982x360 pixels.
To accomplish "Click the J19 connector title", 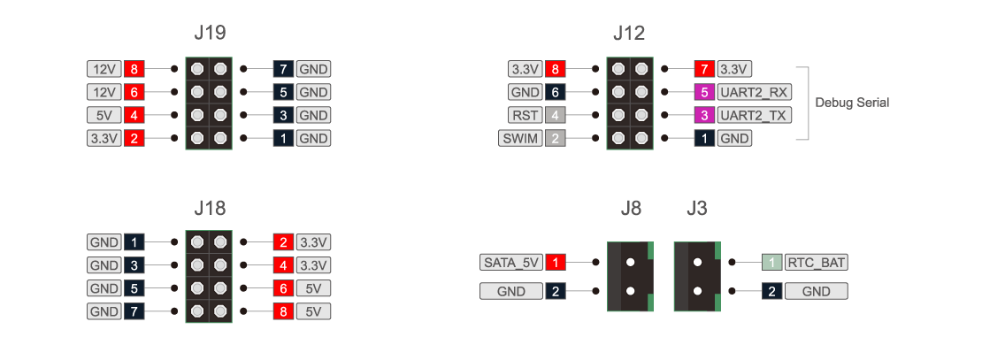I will pos(210,34).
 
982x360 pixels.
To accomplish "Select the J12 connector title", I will pos(629,34).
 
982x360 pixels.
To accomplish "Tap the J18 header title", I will pos(210,209).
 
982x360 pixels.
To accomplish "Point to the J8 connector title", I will pos(631,209).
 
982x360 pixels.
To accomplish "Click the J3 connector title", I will pos(696,209).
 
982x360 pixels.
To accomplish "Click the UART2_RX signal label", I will pos(753,92).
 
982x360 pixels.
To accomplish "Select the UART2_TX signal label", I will pos(753,115).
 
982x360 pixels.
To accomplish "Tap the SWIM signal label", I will pos(518,138).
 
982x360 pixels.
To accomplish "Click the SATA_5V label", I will pos(510,263).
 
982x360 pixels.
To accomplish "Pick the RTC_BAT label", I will pos(816,263).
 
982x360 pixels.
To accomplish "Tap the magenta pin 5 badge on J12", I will pos(704,92).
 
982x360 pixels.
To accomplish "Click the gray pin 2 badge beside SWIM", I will pos(554,138).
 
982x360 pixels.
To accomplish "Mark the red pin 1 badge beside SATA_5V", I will pos(555,263).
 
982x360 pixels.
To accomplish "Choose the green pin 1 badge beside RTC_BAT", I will pos(771,263).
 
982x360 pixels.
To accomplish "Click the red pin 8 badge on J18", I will pos(284,311).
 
